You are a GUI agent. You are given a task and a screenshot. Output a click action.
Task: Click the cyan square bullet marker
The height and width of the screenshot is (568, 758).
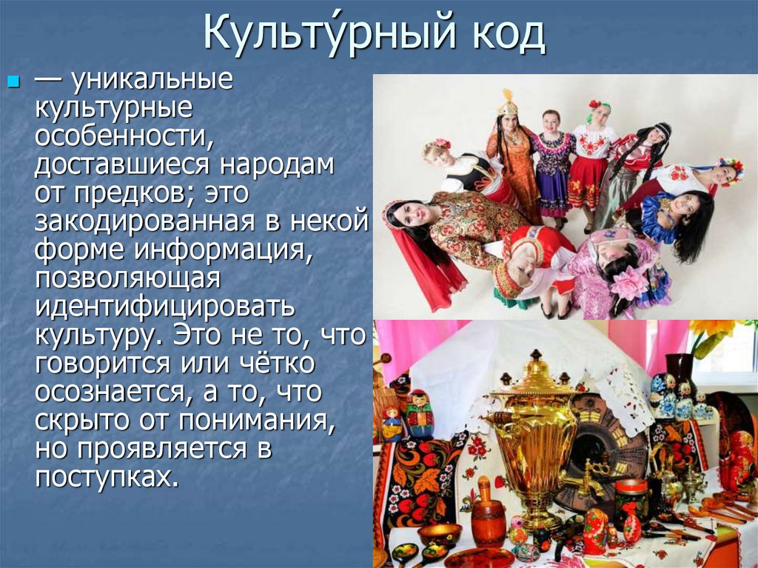click(x=12, y=80)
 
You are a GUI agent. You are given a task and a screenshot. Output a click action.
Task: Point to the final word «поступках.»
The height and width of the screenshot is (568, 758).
click(x=108, y=475)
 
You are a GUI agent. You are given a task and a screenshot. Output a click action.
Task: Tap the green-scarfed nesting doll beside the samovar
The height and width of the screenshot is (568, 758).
click(x=420, y=413)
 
